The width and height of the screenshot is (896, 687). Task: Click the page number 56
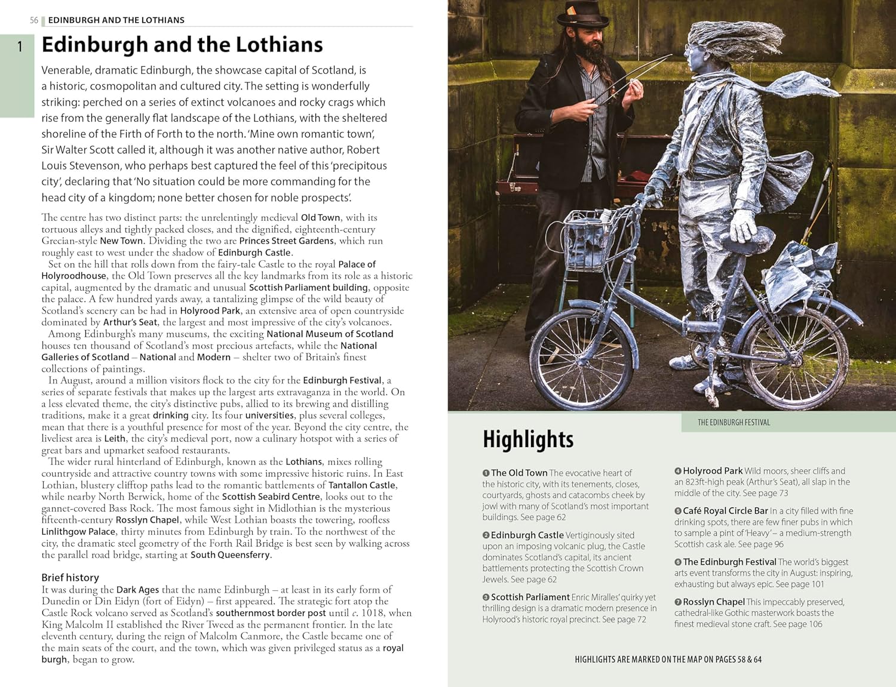34,20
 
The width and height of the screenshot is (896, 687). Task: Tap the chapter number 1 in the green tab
20,47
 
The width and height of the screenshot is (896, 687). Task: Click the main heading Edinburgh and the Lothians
182,45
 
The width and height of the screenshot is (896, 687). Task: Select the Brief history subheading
70,577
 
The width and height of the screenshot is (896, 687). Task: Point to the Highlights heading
528,439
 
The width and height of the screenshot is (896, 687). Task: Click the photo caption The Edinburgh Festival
734,423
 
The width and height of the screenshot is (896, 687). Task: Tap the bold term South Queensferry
230,555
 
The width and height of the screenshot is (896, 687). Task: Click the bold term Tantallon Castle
362,485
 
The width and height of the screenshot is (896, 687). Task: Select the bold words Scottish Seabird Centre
271,497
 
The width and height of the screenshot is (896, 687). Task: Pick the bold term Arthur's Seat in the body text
130,322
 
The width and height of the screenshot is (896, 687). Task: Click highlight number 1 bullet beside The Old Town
486,473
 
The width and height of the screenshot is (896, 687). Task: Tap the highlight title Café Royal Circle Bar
725,511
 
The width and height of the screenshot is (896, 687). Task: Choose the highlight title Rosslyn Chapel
713,602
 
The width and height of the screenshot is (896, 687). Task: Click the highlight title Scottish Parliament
530,597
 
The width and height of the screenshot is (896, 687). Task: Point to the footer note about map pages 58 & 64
668,660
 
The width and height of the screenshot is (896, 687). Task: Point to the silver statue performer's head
708,51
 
